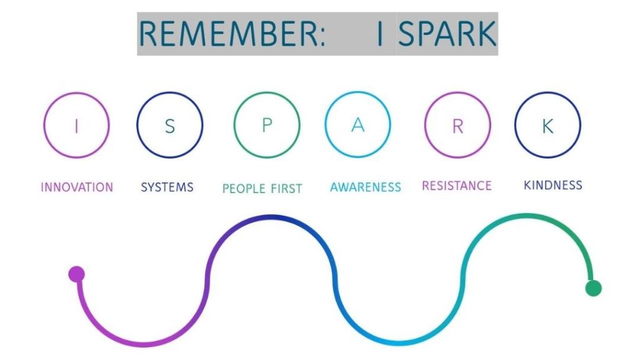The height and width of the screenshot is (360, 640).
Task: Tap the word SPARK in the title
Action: click(x=446, y=33)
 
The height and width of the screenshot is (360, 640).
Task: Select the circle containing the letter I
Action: click(x=76, y=126)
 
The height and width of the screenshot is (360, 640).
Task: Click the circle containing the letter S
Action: click(x=169, y=126)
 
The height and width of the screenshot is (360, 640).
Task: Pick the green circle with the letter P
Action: click(x=267, y=126)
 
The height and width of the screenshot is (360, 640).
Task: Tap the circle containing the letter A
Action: click(x=357, y=124)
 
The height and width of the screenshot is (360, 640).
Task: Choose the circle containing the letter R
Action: click(x=457, y=125)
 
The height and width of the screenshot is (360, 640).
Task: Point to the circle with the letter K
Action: click(x=547, y=125)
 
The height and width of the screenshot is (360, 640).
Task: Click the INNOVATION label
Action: click(x=77, y=187)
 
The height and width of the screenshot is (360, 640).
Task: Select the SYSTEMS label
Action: click(x=167, y=187)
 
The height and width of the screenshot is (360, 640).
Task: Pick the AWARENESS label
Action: click(x=366, y=187)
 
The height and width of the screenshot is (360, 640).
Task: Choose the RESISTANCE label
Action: click(x=457, y=186)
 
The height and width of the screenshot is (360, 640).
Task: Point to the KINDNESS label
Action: click(x=552, y=185)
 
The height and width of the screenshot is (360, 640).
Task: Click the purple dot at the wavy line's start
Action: click(x=76, y=274)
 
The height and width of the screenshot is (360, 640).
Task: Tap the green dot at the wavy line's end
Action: click(x=593, y=288)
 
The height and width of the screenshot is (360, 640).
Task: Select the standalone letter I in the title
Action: click(x=379, y=33)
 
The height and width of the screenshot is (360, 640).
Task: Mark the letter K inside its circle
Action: click(x=547, y=126)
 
